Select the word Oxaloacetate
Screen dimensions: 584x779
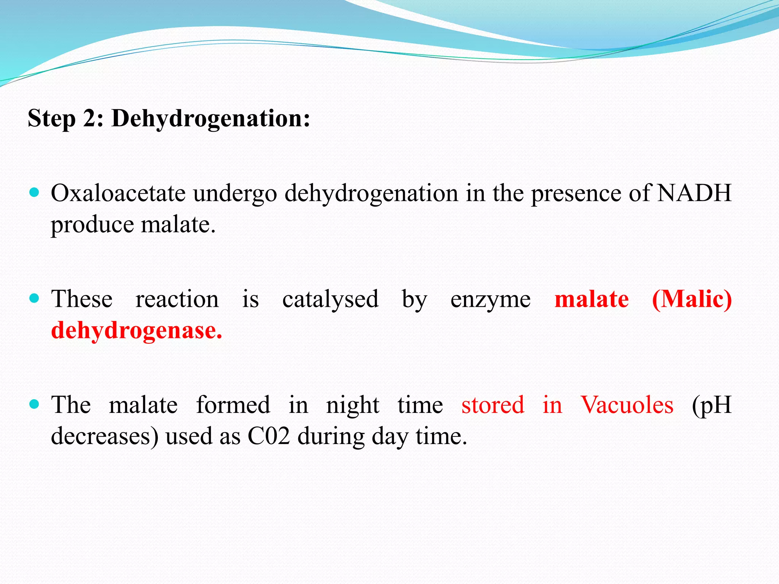[118, 193]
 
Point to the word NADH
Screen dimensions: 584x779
[694, 193]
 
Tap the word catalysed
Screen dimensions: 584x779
[330, 300]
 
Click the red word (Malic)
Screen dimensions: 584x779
[692, 299]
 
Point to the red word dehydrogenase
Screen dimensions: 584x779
[136, 330]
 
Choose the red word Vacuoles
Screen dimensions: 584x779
[627, 405]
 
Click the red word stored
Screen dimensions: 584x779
[493, 405]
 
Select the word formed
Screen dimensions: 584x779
[233, 405]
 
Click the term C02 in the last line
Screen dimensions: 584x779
[269, 436]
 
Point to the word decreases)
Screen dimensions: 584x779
[105, 436]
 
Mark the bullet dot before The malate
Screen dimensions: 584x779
[34, 404]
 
